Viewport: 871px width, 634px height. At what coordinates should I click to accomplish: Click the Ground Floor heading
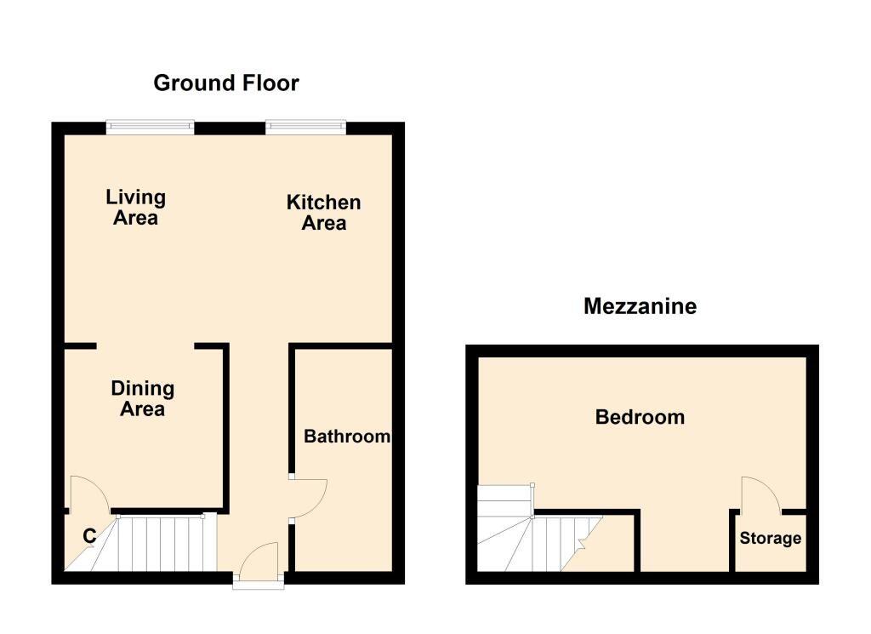(x=226, y=83)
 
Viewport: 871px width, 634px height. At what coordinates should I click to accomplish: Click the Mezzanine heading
(x=640, y=306)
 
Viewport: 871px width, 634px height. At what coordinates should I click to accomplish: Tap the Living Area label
(x=135, y=208)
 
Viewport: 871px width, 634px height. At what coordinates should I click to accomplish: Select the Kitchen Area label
(x=323, y=213)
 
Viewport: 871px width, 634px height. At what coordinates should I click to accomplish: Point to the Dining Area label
(x=142, y=399)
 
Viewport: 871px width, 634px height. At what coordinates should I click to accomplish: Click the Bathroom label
(x=347, y=437)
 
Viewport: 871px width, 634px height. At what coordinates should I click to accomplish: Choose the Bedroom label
(x=640, y=417)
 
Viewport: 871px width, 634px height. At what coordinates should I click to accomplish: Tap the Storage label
(x=770, y=539)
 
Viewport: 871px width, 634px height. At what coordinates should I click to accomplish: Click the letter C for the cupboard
(x=88, y=536)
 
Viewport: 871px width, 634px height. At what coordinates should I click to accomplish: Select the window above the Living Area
(x=151, y=128)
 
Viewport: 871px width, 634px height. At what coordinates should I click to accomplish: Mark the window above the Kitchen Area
(x=306, y=128)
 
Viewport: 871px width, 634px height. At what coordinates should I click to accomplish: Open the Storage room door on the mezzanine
(x=760, y=496)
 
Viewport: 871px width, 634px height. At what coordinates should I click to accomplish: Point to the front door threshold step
(x=259, y=585)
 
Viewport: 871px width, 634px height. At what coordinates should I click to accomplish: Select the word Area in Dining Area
(x=142, y=409)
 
